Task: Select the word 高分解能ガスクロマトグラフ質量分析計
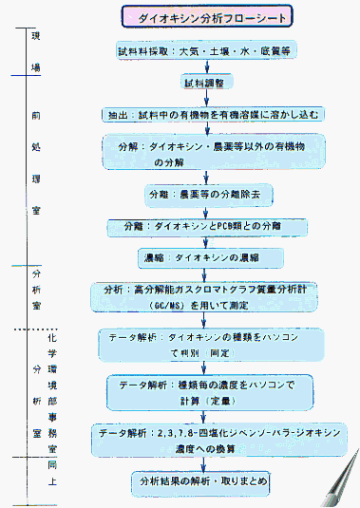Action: click(222, 289)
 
